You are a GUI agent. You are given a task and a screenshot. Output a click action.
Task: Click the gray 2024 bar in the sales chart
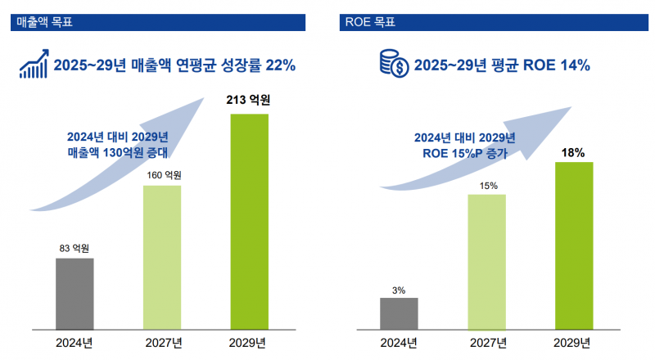[x=75, y=293]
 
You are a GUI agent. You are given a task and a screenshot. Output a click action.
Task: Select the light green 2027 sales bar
[x=162, y=256]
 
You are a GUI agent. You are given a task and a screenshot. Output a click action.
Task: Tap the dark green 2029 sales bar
[x=250, y=221]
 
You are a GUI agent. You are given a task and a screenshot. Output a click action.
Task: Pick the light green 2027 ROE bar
[x=487, y=261]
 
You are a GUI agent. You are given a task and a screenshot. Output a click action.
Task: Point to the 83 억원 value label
[x=74, y=248]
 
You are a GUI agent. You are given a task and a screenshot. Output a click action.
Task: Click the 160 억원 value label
[x=162, y=175]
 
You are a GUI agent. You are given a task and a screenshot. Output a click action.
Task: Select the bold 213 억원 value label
[x=249, y=101]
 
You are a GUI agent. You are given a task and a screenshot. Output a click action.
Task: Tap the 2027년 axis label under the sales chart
[x=162, y=342]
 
